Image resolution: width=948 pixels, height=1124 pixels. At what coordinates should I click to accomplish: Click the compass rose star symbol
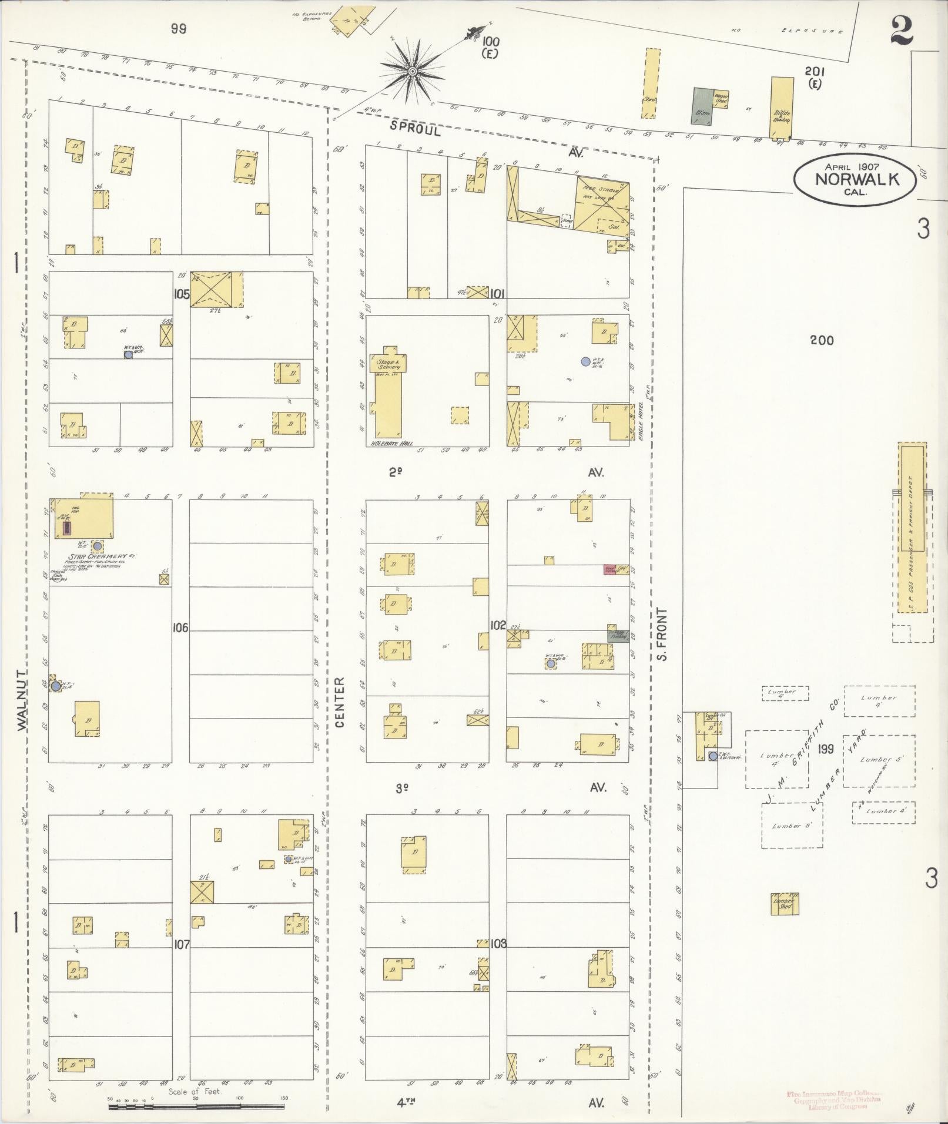coord(413,72)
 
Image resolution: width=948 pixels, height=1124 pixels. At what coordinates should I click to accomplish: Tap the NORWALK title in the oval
coord(857,179)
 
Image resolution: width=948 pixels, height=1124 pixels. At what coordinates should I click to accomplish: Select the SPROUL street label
coord(415,129)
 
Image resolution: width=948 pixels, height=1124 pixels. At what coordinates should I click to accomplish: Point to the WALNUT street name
coord(22,700)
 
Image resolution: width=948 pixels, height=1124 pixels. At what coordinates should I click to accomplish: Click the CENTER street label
coord(340,703)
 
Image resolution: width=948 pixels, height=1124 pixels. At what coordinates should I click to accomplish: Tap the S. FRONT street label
coord(663,634)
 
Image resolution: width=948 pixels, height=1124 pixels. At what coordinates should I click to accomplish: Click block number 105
coord(182,294)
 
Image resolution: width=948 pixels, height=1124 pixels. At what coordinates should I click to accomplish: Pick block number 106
coord(180,628)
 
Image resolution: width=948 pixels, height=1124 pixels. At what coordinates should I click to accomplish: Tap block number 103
coord(498,943)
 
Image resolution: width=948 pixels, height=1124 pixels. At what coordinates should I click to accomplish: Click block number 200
coord(821,340)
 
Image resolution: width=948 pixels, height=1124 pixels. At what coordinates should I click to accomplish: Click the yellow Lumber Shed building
coord(785,904)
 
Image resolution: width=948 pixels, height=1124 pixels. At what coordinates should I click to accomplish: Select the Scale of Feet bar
coord(197,1106)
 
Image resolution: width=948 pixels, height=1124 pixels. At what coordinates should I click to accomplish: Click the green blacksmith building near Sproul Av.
coord(701,106)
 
